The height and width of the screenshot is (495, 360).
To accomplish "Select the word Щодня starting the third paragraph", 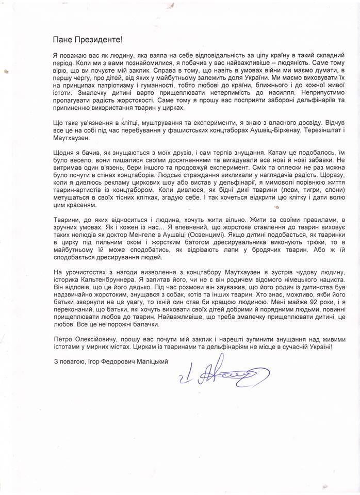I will (x=64, y=153).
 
